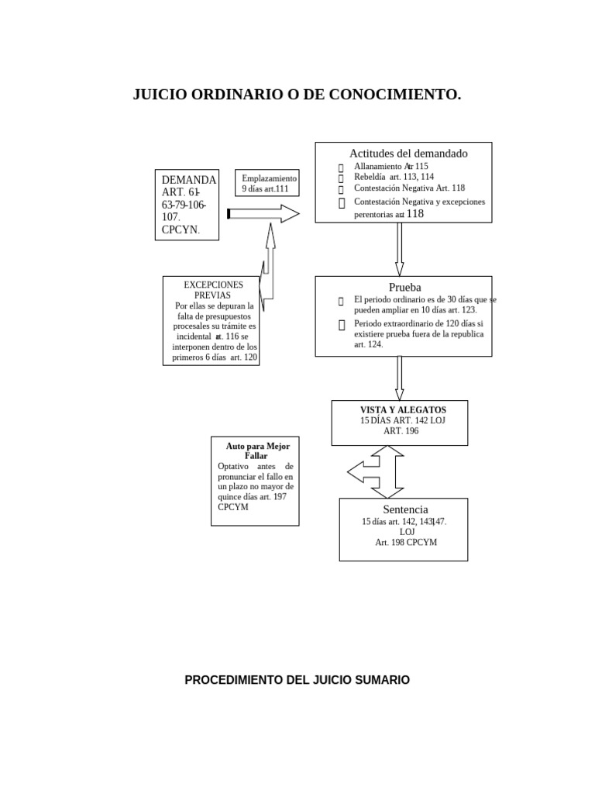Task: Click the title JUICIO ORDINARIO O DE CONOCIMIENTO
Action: click(x=297, y=95)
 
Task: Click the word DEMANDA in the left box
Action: click(x=186, y=180)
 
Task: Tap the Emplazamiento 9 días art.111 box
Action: click(x=269, y=183)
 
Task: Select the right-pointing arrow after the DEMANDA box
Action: click(x=263, y=213)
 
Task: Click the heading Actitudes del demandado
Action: click(x=408, y=154)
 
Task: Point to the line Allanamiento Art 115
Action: click(x=390, y=166)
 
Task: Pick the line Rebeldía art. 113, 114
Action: click(x=394, y=177)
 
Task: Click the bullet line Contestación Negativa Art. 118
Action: click(x=409, y=188)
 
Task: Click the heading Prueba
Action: click(x=404, y=287)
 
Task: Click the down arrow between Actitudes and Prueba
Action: click(x=399, y=249)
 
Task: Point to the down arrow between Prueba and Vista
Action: click(x=399, y=378)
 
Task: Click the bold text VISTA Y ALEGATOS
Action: click(x=403, y=409)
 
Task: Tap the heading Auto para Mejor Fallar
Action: click(x=256, y=451)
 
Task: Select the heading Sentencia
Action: click(x=405, y=509)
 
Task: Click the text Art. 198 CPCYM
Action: click(x=406, y=543)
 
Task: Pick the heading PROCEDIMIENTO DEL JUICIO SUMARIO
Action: click(x=297, y=680)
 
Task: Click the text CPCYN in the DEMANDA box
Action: click(x=179, y=230)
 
